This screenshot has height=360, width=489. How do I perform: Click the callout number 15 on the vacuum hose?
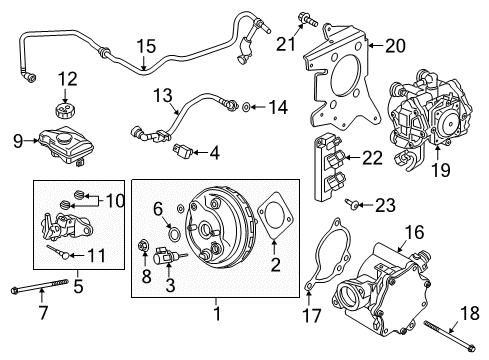147,46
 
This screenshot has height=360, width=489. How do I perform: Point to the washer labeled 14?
248,106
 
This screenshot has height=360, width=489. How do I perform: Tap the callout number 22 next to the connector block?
371,158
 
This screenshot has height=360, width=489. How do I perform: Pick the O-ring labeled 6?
174,237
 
